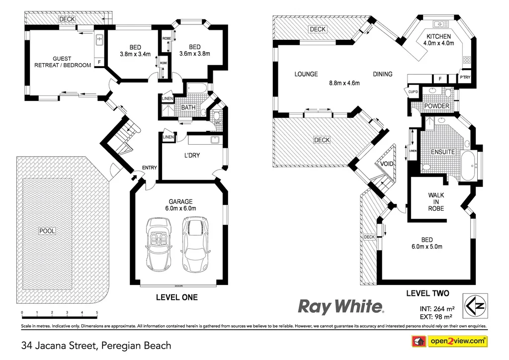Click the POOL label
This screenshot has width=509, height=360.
click(48, 231)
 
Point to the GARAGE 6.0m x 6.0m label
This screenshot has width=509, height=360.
click(180, 205)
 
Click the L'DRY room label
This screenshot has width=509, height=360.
click(191, 155)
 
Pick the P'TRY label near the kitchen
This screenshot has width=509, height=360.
click(465, 78)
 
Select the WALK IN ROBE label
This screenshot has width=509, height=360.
click(436, 202)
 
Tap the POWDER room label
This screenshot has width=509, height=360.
click(437, 106)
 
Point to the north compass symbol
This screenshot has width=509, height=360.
click(474, 304)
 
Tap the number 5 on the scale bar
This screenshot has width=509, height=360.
click(97, 313)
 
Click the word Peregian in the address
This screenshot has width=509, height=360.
click(121, 345)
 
